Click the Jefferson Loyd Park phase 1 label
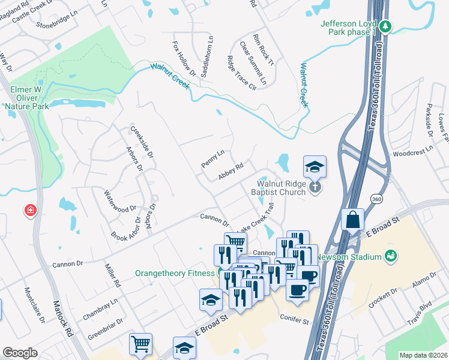click(x=348, y=27)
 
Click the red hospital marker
click(x=29, y=211)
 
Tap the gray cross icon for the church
click(x=315, y=188)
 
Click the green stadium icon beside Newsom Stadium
click(x=391, y=256)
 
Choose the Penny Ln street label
click(x=212, y=158)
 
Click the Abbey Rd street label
click(x=231, y=172)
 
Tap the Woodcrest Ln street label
click(x=412, y=150)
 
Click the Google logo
click(x=20, y=352)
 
